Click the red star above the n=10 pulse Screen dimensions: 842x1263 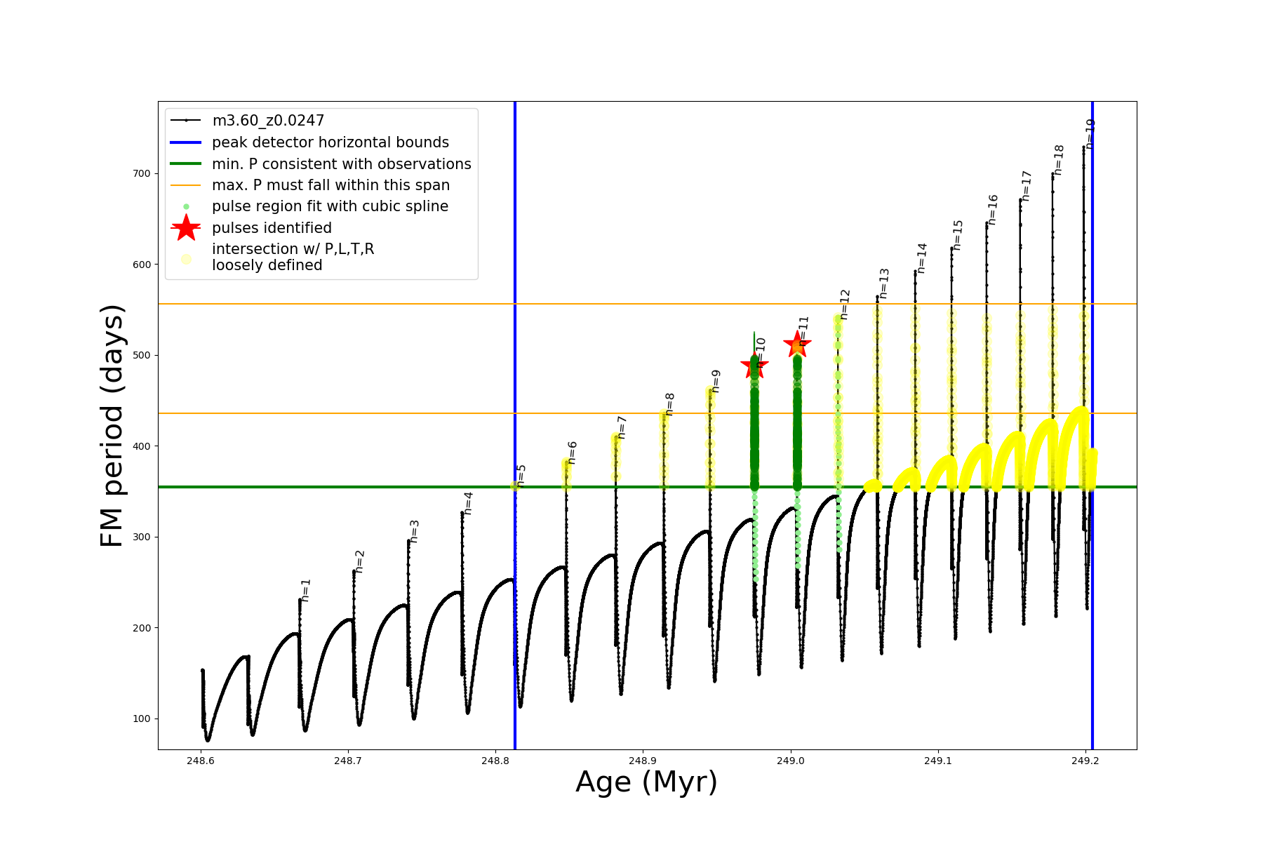coord(754,365)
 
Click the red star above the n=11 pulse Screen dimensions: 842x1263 coord(797,345)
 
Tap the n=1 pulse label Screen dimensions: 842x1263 coord(305,590)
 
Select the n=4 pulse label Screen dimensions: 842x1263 coord(468,502)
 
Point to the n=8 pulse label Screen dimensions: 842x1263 coord(670,404)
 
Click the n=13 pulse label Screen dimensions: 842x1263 coord(884,283)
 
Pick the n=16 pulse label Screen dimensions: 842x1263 coord(993,210)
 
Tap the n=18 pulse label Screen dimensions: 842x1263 coord(1059,160)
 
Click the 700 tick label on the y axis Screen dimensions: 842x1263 coord(142,173)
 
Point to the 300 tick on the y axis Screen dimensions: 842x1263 coord(142,537)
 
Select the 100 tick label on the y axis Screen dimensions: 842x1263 coord(142,719)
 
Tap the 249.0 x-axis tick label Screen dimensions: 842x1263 coord(790,761)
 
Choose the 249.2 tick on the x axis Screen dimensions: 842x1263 coord(1085,761)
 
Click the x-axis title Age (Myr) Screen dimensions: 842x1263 coord(646,782)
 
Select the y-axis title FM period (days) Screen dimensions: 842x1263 coord(112,425)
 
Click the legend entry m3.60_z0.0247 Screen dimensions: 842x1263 coord(268,121)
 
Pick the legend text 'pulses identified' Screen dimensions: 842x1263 coord(272,228)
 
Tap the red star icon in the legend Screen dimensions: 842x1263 coord(186,228)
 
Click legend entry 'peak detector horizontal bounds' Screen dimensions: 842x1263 coord(330,142)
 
